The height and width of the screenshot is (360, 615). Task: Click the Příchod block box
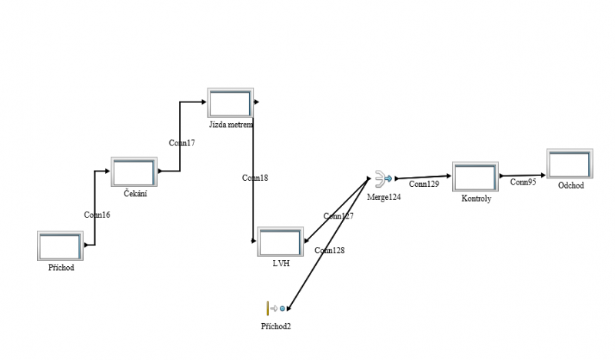[59, 245]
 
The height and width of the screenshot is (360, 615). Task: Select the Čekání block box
[134, 172]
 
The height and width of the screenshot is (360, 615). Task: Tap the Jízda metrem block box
[230, 104]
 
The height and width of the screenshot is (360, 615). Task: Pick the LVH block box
[281, 242]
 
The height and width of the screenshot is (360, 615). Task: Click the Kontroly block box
[475, 177]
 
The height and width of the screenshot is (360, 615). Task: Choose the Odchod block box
[570, 165]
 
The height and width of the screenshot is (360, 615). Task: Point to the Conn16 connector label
[97, 215]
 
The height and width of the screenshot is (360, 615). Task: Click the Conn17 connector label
[181, 142]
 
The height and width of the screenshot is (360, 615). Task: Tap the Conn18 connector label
[254, 178]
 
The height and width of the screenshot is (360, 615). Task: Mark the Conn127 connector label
[338, 216]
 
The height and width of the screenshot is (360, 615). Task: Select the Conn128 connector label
[329, 250]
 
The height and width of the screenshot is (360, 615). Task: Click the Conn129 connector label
[424, 185]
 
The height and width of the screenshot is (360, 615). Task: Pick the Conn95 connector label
[523, 182]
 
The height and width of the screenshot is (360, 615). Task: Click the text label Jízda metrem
[231, 123]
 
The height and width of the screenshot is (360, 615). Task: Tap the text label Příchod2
[276, 326]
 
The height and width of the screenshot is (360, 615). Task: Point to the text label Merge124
[384, 197]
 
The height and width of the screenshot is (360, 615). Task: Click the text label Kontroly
[475, 198]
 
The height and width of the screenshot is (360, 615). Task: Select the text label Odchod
[570, 185]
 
